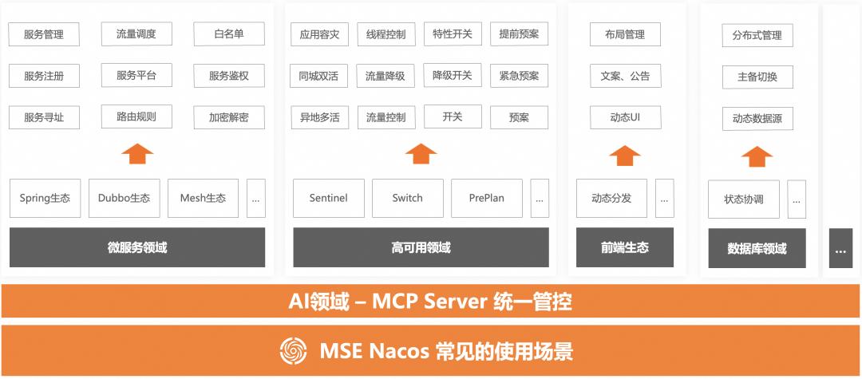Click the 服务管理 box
click(x=44, y=34)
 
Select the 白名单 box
click(x=229, y=34)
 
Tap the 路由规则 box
click(x=136, y=116)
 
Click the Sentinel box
click(x=328, y=198)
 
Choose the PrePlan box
click(x=486, y=198)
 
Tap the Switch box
click(x=407, y=198)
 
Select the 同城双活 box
click(x=318, y=76)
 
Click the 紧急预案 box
click(x=519, y=76)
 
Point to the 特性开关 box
click(x=453, y=34)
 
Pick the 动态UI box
click(x=625, y=117)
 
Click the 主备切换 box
click(x=757, y=77)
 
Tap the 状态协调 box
click(x=744, y=199)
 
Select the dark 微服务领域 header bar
click(x=137, y=247)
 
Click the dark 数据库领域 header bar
click(x=757, y=249)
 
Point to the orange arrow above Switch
click(x=421, y=153)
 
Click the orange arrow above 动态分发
click(x=625, y=154)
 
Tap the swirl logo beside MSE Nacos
click(x=294, y=351)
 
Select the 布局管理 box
click(x=625, y=35)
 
